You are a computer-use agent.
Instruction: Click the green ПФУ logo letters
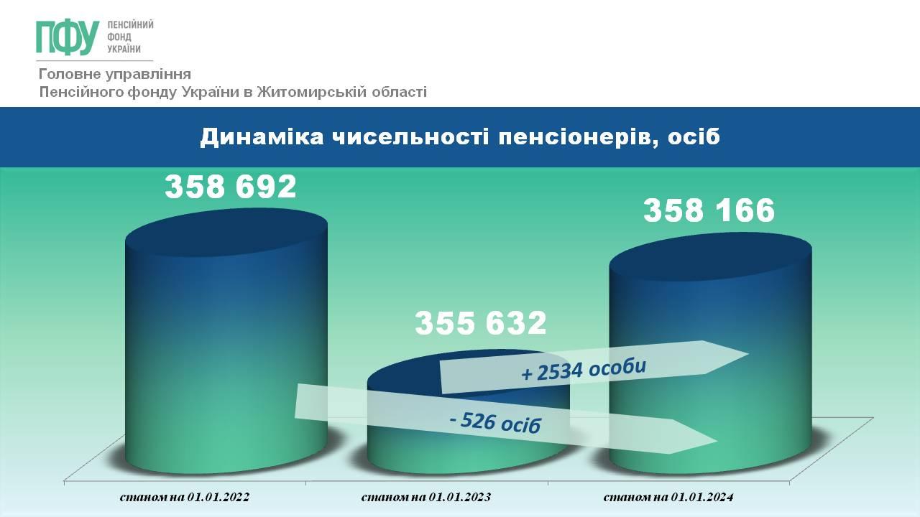pos(68,37)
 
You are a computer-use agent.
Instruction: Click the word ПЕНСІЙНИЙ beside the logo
pos(130,24)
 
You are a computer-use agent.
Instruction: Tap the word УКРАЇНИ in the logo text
pos(124,50)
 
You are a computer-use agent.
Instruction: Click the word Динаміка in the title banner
pos(262,136)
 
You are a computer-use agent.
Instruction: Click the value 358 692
pos(231,187)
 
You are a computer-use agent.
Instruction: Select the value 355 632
pos(481,323)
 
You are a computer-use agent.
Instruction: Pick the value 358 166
pos(709,210)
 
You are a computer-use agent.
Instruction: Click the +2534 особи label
pos(584,371)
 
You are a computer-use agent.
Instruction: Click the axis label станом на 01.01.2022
pos(185,498)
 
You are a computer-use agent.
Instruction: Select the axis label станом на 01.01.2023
pos(426,498)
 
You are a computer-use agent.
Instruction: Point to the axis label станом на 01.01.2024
pos(668,498)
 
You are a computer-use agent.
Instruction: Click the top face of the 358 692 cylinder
pos(226,232)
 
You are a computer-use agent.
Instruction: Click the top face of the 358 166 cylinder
pos(711,256)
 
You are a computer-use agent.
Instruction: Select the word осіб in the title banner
pos(694,136)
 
